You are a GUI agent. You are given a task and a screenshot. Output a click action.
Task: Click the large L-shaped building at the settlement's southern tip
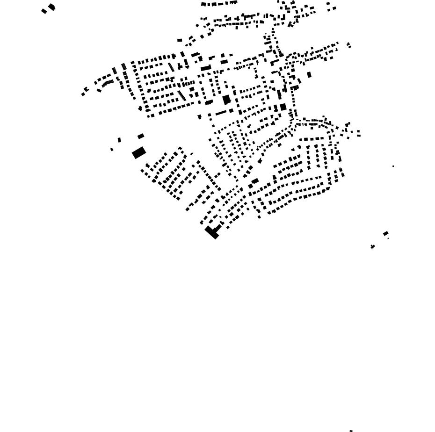pyautogui.click(x=212, y=231)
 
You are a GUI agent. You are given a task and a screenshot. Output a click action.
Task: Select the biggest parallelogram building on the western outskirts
pyautogui.click(x=139, y=152)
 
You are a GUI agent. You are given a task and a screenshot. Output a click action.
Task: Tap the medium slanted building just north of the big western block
pyautogui.click(x=141, y=136)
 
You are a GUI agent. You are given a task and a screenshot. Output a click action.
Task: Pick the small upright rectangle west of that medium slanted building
pyautogui.click(x=119, y=140)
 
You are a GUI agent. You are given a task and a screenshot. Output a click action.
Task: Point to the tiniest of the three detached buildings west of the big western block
pyautogui.click(x=112, y=150)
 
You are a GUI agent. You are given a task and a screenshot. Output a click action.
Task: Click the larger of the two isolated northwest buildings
pyautogui.click(x=51, y=7)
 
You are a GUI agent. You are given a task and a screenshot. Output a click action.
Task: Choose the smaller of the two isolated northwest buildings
pyautogui.click(x=44, y=11)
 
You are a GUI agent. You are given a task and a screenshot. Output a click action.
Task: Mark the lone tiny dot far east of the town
pyautogui.click(x=393, y=166)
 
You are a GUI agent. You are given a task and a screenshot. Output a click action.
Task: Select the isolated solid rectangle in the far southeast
pyautogui.click(x=385, y=233)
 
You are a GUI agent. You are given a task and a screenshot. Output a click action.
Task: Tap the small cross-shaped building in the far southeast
pyautogui.click(x=373, y=246)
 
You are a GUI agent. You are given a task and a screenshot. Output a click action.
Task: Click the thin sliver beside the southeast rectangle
pyautogui.click(x=388, y=238)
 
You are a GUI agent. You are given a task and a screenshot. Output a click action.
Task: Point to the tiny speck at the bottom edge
pyautogui.click(x=351, y=431)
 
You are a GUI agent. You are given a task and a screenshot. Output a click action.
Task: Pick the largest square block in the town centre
pyautogui.click(x=226, y=100)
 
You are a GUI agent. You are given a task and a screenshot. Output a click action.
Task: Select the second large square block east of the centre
pyautogui.click(x=283, y=107)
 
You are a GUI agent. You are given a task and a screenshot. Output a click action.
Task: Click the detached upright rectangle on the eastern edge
pyautogui.click(x=309, y=74)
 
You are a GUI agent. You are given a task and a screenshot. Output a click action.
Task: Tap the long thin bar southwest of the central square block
pyautogui.click(x=221, y=113)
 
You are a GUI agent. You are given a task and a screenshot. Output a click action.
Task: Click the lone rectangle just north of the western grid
pyautogui.click(x=180, y=40)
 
